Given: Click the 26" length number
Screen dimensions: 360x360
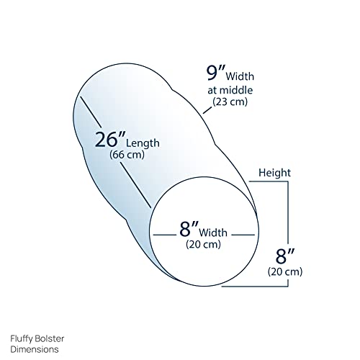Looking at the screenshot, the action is (110, 140).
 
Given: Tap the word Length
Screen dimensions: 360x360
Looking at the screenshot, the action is (143, 143).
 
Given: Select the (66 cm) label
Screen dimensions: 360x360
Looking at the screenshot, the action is (127, 155).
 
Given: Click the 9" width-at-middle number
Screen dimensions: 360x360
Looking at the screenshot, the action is (216, 73).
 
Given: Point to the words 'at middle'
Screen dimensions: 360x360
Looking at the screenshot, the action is (230, 90).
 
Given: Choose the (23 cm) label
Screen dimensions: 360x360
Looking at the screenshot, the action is (230, 102).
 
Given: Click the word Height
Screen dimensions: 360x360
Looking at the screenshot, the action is (274, 173).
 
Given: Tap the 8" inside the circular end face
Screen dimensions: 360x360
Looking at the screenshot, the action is (189, 229).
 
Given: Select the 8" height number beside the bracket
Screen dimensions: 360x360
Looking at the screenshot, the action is (285, 256).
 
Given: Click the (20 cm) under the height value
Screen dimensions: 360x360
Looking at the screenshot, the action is (285, 271).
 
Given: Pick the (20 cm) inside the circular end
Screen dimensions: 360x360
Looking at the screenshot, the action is (203, 244).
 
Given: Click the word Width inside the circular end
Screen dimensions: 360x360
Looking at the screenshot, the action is (213, 233).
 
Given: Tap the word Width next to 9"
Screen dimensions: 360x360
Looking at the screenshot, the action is (240, 76).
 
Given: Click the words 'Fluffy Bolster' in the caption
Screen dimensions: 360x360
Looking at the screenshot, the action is (37, 338).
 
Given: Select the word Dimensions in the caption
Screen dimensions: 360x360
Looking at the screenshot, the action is (35, 349).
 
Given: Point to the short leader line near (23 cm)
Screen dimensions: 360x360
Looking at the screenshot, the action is (207, 110).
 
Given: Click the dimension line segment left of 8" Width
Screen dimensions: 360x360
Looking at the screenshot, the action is (165, 235).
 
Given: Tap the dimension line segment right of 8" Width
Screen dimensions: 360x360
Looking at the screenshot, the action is (243, 235).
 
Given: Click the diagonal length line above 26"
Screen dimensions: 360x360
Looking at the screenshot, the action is (90, 112).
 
